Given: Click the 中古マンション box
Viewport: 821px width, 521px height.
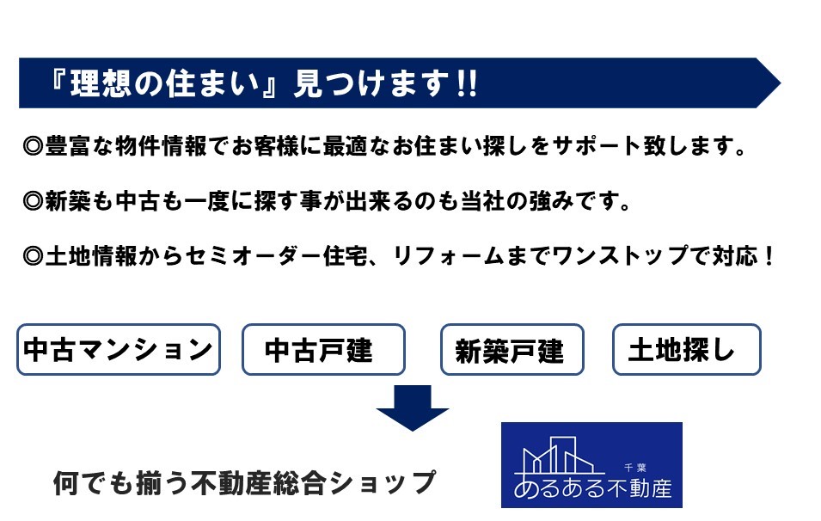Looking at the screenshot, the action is point(119,349).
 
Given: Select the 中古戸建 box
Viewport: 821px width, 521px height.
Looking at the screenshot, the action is point(323,349).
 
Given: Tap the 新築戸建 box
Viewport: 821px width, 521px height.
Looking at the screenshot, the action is point(512,349).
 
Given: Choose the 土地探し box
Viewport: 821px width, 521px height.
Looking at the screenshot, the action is point(686,349).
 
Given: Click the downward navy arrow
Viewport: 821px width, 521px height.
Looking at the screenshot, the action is point(413,408).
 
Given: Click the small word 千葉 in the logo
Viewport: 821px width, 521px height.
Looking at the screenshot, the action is point(635,468).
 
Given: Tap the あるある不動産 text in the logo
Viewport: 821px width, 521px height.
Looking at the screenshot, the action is point(592,488).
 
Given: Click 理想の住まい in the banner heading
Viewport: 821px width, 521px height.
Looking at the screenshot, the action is point(164,83).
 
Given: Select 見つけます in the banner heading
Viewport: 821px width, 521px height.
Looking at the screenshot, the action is point(371,83).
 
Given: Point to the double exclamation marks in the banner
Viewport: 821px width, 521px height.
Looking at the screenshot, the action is point(467,83).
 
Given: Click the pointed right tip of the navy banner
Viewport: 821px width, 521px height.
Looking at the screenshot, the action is point(780,83).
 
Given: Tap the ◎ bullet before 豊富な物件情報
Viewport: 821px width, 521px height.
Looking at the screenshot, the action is point(33,146).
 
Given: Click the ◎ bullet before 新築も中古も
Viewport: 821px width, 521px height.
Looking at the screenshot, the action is point(33,201).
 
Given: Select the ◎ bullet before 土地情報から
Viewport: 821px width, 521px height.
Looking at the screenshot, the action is point(33,256).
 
